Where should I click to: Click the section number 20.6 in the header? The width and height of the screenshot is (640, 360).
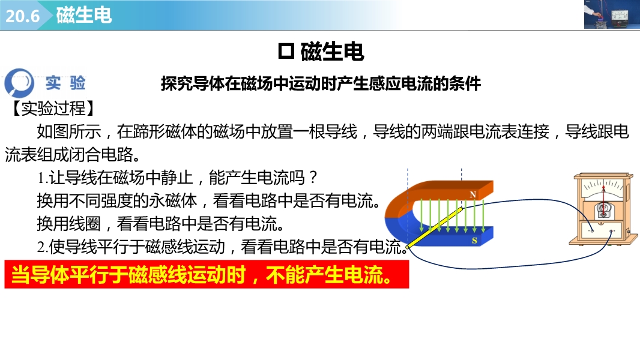click(22, 16)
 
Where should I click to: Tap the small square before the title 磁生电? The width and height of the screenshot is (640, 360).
click(286, 52)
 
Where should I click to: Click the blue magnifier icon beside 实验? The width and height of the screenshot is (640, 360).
click(19, 82)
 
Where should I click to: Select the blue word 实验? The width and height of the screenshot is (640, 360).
click(65, 83)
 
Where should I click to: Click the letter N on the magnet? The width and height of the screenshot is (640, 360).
click(472, 194)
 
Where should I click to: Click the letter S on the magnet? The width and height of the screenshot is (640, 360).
click(474, 241)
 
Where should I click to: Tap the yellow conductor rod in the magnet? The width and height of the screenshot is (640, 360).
click(435, 227)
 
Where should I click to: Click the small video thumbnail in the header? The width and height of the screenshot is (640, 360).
click(612, 14)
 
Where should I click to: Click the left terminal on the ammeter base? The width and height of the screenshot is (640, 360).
click(592, 231)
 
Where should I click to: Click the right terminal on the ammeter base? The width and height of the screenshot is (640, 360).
click(611, 232)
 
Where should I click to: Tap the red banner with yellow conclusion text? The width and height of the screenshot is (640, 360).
click(207, 274)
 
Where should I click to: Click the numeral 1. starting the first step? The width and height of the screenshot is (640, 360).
click(43, 178)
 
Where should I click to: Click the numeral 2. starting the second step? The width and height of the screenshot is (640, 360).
click(43, 247)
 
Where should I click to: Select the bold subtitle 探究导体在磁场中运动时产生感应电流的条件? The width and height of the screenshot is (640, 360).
click(321, 83)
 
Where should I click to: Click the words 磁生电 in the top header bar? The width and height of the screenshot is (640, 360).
click(84, 16)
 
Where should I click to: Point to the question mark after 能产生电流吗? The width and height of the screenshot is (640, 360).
click(313, 178)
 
